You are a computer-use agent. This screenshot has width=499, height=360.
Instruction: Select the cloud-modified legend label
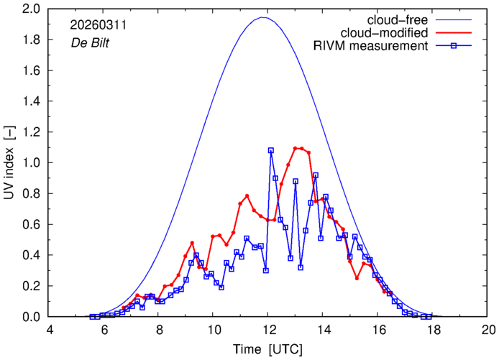point(387,33)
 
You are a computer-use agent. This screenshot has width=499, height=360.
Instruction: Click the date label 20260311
point(96,24)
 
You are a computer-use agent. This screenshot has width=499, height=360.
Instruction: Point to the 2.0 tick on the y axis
point(32,9)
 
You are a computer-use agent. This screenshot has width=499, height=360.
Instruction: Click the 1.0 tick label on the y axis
point(32,162)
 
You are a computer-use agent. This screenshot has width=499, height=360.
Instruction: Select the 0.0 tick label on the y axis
point(32,317)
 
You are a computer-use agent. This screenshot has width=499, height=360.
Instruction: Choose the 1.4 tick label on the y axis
point(32,101)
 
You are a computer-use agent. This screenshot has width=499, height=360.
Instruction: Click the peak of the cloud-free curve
point(263,17)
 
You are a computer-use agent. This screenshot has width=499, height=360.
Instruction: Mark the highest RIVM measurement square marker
point(271,150)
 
